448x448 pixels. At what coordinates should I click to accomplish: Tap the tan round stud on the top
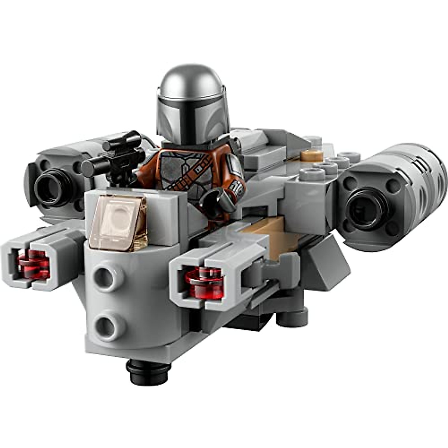(312, 155)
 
